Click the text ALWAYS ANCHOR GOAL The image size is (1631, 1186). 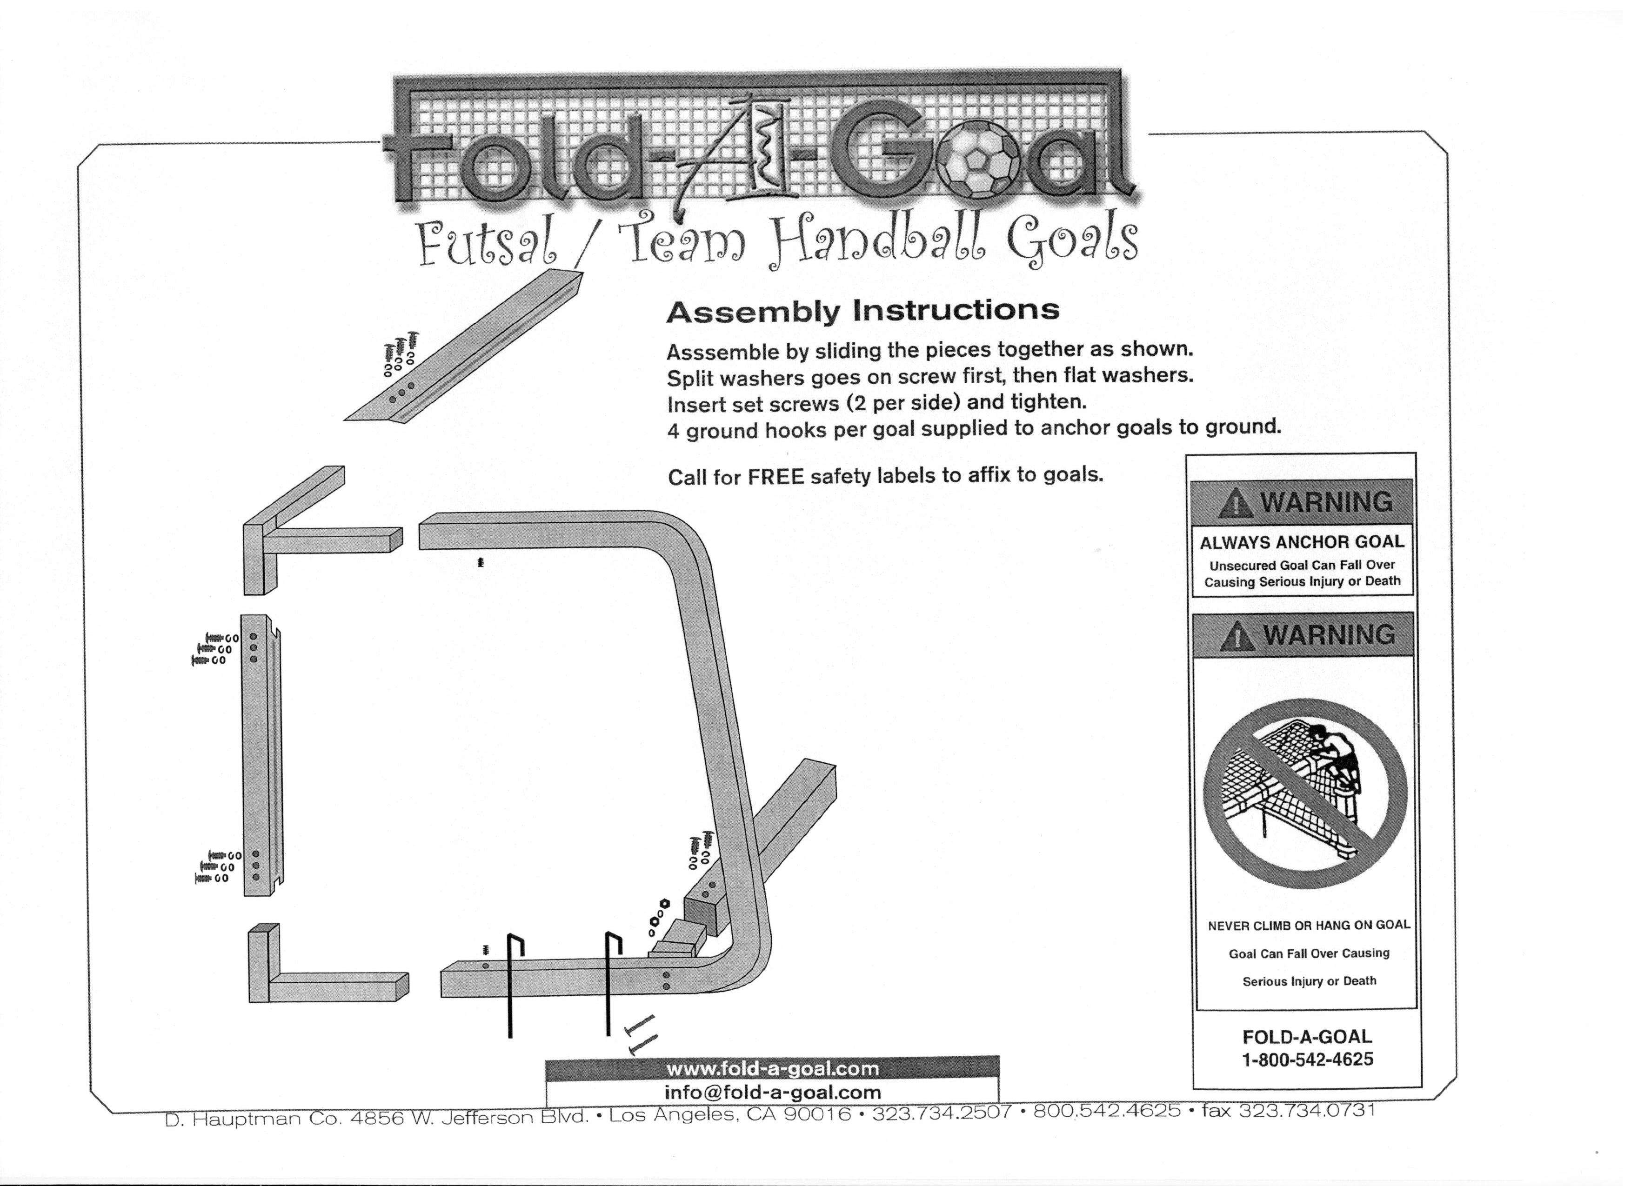pyautogui.click(x=1302, y=542)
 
